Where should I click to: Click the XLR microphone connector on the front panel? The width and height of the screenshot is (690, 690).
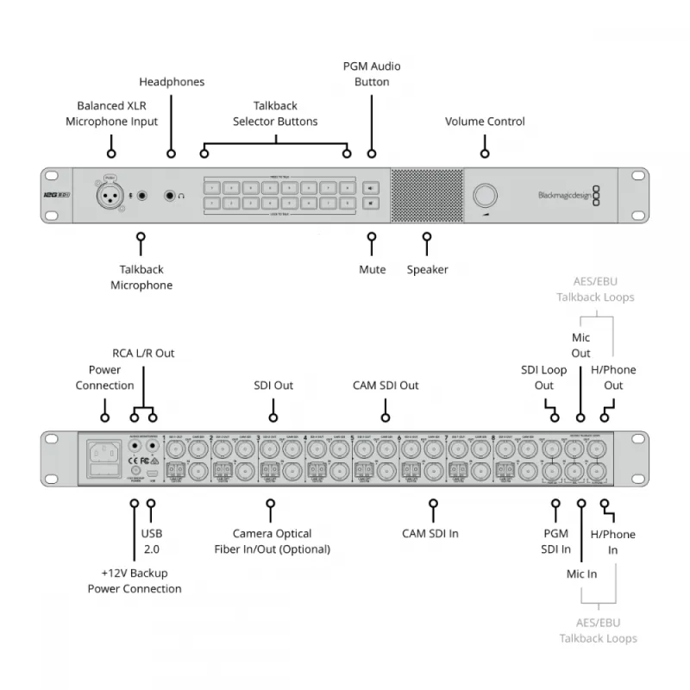pos(110,195)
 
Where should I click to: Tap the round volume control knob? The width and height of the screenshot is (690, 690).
pos(486,193)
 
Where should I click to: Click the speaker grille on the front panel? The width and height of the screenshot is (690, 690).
pos(426,195)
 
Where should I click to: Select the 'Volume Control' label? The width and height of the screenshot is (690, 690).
pos(485,122)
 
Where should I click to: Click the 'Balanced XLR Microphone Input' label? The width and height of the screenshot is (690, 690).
pos(112,114)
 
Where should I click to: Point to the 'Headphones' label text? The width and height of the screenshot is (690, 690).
pos(172,82)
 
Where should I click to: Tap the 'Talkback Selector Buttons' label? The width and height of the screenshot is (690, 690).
pos(275,114)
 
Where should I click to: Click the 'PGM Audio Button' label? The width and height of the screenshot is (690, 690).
pos(372,74)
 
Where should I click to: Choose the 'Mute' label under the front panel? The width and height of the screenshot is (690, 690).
pos(372,270)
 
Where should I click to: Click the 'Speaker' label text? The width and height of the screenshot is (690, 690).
pos(428,270)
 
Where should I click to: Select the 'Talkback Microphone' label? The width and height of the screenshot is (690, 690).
pos(141,278)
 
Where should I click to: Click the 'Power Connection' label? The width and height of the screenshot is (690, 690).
pos(104,378)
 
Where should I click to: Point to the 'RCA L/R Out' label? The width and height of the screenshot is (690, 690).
pos(143,354)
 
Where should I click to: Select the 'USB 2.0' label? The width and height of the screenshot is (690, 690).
pos(152,542)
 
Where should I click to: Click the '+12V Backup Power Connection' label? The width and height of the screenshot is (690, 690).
pos(135,581)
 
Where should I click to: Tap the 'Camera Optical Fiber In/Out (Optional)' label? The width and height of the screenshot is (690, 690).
pos(273,542)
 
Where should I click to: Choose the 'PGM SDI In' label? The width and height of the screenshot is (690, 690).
pos(556,542)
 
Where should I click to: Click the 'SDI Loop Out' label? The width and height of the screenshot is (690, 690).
pos(543,378)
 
